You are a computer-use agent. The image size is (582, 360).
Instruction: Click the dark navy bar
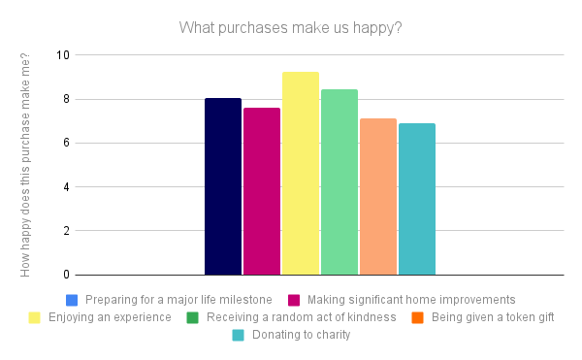(223, 186)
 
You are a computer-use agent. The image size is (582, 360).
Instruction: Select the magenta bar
(262, 191)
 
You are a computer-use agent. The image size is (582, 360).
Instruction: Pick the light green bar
(339, 182)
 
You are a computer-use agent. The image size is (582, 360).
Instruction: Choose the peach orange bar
(378, 197)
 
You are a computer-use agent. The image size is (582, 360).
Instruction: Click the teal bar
(417, 199)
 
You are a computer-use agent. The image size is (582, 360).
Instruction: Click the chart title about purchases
(290, 26)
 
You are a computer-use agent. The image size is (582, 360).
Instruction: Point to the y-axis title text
(26, 165)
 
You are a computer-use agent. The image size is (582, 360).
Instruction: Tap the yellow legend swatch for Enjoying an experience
(34, 317)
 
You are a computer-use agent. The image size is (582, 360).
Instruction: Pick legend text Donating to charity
(301, 336)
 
